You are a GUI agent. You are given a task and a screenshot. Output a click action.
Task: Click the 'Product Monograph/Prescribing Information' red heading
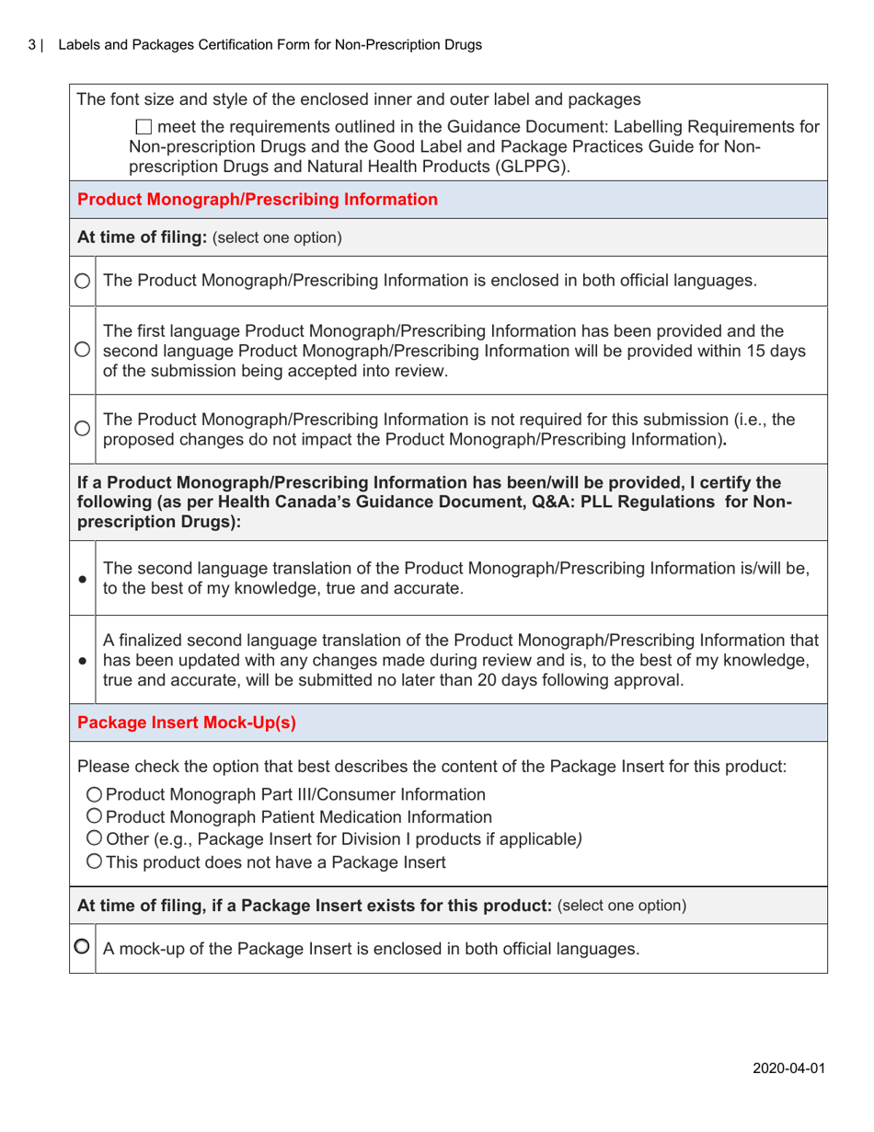click(x=258, y=199)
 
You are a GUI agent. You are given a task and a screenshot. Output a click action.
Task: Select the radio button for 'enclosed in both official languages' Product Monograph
click(x=83, y=281)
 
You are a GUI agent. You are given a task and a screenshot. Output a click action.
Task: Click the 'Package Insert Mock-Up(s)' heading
click(x=187, y=723)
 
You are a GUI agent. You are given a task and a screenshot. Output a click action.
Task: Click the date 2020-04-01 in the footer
click(x=786, y=1068)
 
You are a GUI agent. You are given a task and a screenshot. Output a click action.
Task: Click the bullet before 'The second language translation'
click(x=83, y=581)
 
